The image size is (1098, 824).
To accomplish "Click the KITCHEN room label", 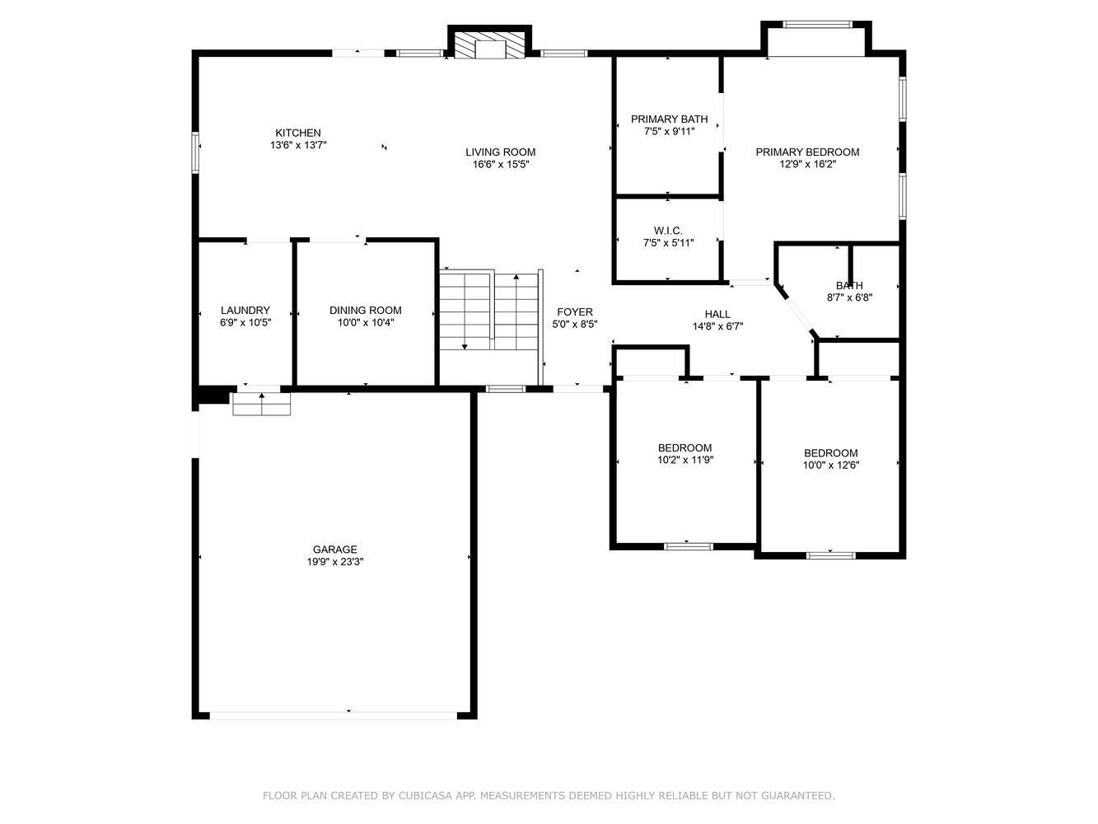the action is pyautogui.click(x=297, y=133).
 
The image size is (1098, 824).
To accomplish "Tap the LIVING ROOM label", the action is pyautogui.click(x=500, y=152).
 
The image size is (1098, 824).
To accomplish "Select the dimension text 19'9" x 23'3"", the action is pyautogui.click(x=334, y=561).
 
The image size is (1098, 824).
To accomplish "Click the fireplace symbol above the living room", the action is pyautogui.click(x=490, y=45).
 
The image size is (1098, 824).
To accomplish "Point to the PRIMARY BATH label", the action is pyautogui.click(x=669, y=119).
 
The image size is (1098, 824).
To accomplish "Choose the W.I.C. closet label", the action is pyautogui.click(x=668, y=231).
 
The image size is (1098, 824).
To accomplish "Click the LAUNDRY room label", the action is pyautogui.click(x=245, y=310).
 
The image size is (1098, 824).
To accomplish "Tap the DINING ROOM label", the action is pyautogui.click(x=365, y=310).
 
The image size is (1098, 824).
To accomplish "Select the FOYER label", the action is pyautogui.click(x=575, y=312).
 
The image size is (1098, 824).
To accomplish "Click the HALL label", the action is pyautogui.click(x=717, y=314).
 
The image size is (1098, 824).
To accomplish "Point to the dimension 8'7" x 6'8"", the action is pyautogui.click(x=849, y=297).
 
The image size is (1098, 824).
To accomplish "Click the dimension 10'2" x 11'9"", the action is pyautogui.click(x=684, y=460).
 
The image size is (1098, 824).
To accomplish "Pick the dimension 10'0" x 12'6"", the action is pyautogui.click(x=831, y=465).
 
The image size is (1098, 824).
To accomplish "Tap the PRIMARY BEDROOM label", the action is pyautogui.click(x=807, y=152).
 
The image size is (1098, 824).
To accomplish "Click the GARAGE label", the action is pyautogui.click(x=334, y=550).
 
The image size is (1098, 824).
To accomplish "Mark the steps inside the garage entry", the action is pyautogui.click(x=262, y=404).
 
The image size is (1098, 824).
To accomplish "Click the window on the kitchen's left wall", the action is pyautogui.click(x=195, y=152).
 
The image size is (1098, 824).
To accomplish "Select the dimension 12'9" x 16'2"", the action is pyautogui.click(x=807, y=164).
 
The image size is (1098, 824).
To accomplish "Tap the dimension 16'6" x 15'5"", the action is pyautogui.click(x=500, y=164).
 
